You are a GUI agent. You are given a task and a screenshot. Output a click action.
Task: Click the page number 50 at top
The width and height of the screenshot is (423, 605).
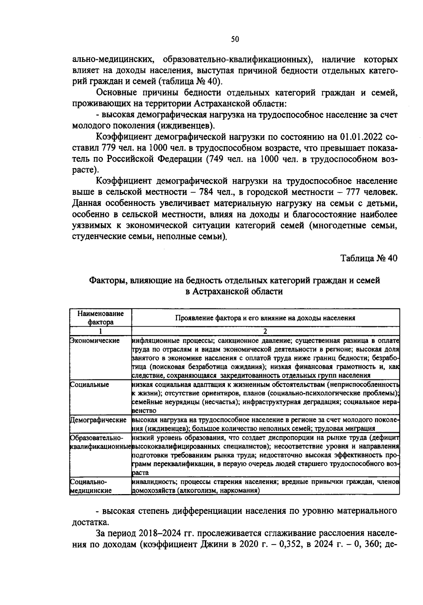pos(235,39)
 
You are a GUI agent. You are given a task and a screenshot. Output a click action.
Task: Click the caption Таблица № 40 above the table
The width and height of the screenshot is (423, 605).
pos(369,258)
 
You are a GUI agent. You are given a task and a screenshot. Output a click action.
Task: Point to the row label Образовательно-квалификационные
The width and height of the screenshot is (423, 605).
pos(100,442)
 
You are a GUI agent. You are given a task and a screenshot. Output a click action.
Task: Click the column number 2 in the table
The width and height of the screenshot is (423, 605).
pos(265,331)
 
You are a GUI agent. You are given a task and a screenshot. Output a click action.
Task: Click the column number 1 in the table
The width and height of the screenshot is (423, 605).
pos(100,331)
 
